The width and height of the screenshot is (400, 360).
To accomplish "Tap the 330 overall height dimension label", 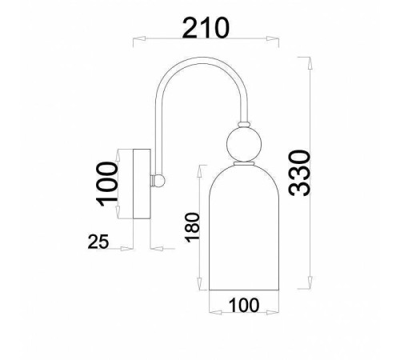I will [298, 171].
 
